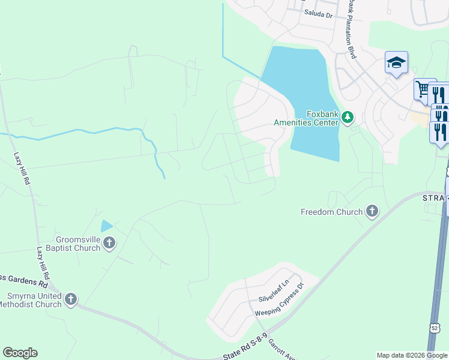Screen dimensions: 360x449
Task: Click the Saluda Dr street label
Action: (x=318, y=14)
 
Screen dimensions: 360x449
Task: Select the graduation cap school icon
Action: (x=396, y=62)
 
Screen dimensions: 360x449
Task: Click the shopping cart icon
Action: (x=423, y=89)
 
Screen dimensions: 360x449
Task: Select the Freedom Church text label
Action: (x=331, y=212)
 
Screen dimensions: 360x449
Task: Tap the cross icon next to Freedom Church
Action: (x=372, y=211)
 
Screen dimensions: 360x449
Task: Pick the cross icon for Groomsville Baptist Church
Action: (x=109, y=242)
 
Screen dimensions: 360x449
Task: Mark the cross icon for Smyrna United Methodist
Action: (x=71, y=299)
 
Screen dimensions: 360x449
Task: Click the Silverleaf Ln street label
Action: (x=274, y=294)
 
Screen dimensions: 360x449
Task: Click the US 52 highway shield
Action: (x=435, y=327)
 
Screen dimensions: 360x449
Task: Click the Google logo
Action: (x=20, y=353)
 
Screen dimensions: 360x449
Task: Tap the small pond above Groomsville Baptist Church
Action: (x=106, y=226)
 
